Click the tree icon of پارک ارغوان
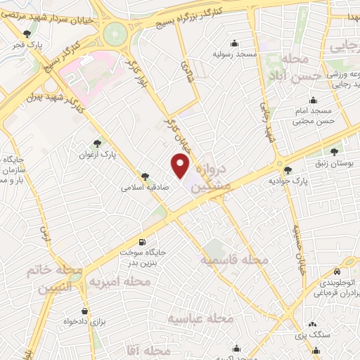[107, 142]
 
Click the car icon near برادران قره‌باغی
[337, 271]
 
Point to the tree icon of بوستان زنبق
[335, 150]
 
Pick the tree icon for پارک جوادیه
[287, 169]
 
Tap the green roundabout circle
[112, 33]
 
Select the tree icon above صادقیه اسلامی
[145, 176]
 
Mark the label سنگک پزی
[307, 335]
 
